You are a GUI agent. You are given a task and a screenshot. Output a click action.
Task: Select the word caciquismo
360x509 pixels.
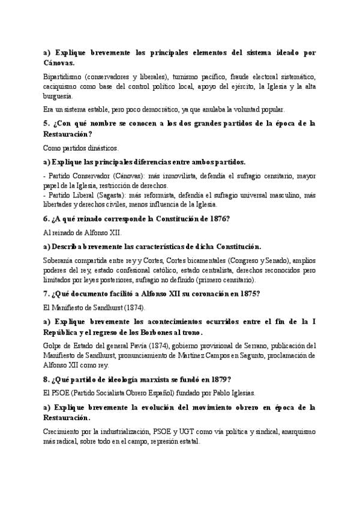(x=61, y=86)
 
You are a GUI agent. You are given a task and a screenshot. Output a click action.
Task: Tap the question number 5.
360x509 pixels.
(x=47, y=124)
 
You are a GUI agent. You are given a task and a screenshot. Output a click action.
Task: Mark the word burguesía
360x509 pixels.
(x=59, y=95)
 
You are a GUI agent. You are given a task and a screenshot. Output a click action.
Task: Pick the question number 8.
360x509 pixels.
(x=46, y=379)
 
